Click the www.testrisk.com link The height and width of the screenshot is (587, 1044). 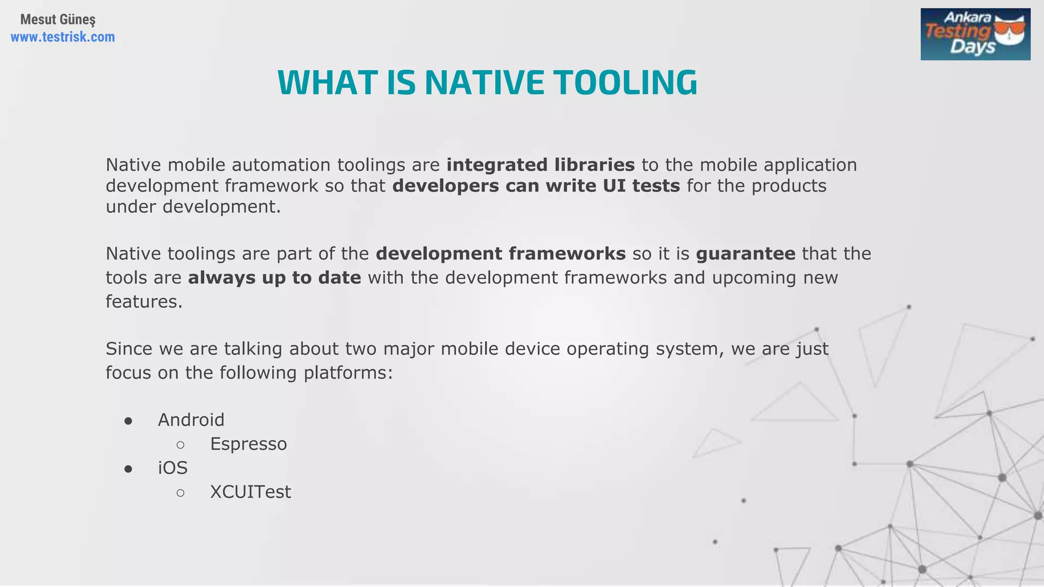point(63,37)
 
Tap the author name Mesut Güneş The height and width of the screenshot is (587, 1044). point(58,19)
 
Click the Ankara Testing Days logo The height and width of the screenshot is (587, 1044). point(975,35)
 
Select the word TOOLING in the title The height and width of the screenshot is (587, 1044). point(625,83)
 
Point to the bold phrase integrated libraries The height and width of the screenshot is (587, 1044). point(540,165)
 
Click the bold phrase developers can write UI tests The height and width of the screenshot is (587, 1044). point(536,186)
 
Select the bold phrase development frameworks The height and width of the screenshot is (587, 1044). point(501,254)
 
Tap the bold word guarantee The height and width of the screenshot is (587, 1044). point(745,254)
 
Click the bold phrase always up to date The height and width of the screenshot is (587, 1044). point(274,278)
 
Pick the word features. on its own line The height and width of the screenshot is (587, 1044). point(144,302)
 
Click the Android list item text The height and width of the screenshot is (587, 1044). point(191,420)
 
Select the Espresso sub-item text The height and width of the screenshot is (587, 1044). point(248,444)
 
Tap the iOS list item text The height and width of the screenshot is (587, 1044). point(173,468)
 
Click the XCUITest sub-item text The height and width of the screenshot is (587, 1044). point(250,492)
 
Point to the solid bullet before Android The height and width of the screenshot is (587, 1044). point(128,421)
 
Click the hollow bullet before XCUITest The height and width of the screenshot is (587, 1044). point(180,493)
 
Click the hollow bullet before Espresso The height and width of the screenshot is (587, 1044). point(180,445)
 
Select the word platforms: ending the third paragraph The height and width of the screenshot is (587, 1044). point(348,373)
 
